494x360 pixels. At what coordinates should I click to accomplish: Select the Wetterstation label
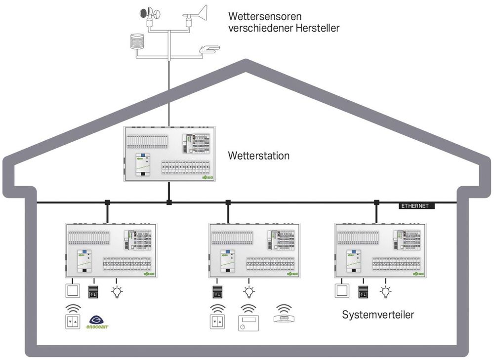258,156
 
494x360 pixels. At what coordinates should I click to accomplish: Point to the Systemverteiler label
379,315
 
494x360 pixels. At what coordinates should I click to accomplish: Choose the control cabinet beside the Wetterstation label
169,154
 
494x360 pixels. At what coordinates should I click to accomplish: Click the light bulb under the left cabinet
117,292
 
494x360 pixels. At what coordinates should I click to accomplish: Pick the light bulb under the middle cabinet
248,292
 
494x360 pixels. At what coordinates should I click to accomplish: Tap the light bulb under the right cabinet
385,292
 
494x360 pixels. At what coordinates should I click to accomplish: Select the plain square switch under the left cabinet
73,292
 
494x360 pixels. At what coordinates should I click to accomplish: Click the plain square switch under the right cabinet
341,292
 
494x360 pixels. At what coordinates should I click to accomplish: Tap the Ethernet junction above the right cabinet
376,202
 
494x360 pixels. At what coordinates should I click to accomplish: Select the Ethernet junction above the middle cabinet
228,202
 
